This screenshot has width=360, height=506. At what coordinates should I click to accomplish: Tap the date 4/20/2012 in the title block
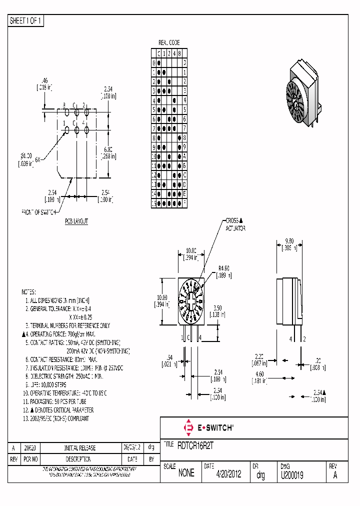point(228,474)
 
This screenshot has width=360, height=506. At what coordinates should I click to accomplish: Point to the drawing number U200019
point(292,474)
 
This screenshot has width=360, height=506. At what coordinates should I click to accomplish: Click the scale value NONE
point(186,473)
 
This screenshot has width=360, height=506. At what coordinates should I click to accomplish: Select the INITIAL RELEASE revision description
point(80,448)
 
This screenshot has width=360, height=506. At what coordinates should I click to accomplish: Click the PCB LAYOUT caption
point(76,221)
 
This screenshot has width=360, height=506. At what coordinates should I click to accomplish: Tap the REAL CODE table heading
point(168,43)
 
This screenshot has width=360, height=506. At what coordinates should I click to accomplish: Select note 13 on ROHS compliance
point(55,418)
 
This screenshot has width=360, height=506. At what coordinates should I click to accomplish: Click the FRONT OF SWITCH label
point(39,212)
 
